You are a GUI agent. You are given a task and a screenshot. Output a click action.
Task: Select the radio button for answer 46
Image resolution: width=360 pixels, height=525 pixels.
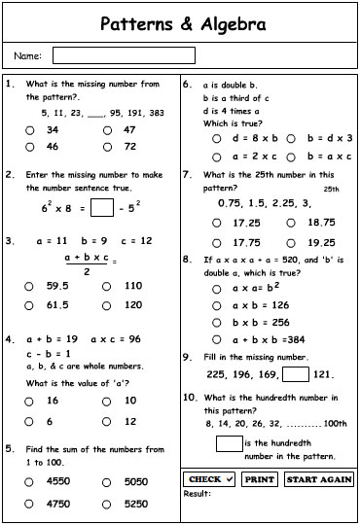[30, 147]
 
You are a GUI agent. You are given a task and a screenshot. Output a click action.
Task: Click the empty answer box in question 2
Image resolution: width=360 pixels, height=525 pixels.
[101, 207]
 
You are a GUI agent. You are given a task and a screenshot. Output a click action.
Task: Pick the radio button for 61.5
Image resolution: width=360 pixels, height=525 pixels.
[30, 304]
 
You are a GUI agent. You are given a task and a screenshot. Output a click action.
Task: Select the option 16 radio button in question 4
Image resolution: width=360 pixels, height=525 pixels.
[30, 401]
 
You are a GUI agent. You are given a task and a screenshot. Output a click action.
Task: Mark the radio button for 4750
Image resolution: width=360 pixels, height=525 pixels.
[30, 504]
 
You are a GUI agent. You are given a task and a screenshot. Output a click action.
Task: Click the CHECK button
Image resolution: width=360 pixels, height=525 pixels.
[209, 479]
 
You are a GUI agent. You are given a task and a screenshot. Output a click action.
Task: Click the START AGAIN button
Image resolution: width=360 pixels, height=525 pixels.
[319, 479]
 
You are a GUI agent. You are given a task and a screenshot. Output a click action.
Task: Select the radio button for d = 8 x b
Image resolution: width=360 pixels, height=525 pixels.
[217, 138]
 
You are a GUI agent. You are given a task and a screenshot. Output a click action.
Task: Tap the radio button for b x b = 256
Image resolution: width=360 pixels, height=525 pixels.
[217, 322]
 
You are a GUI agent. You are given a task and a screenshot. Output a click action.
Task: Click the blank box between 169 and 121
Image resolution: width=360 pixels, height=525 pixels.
[296, 374]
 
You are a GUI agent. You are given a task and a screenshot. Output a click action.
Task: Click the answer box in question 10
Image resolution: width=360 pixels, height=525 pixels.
[229, 444]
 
